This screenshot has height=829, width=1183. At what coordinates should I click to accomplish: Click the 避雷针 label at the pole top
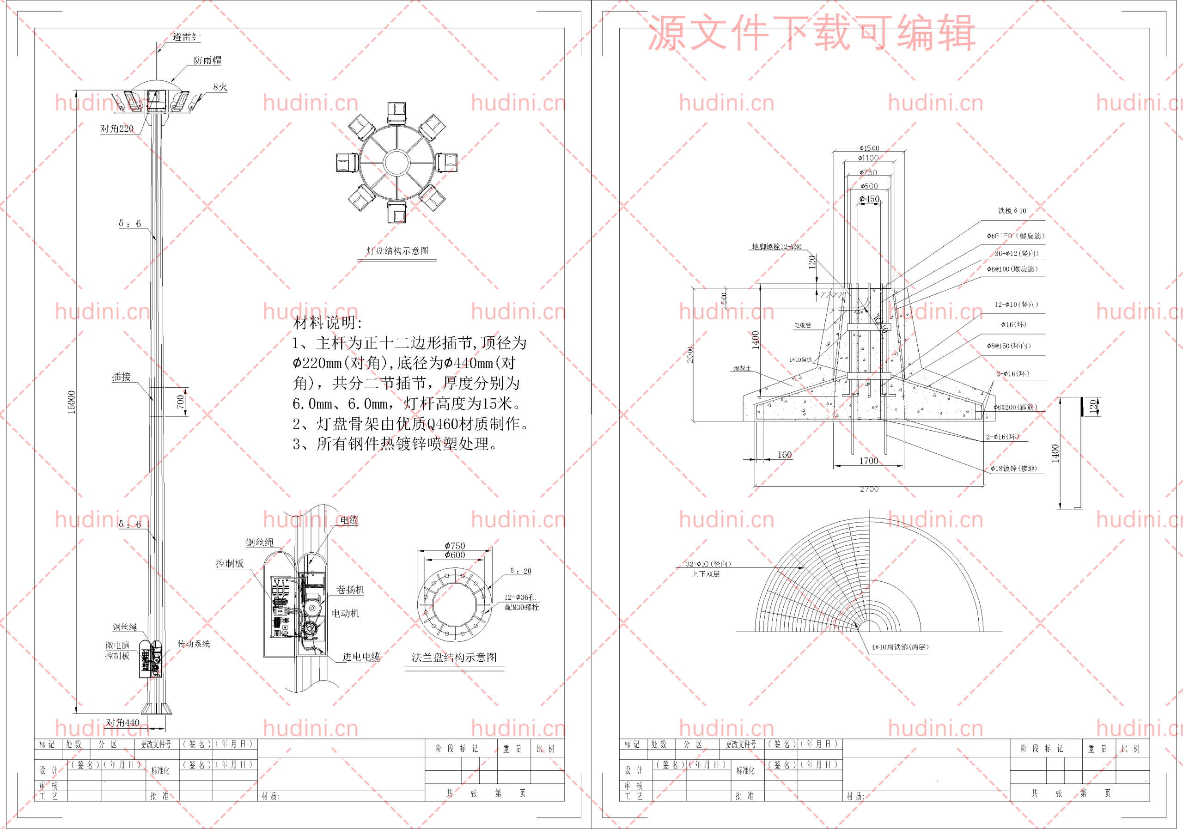[x=186, y=37]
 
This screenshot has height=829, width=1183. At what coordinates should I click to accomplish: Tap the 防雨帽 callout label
[x=207, y=60]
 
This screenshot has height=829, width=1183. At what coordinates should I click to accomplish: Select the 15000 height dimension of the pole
[x=72, y=402]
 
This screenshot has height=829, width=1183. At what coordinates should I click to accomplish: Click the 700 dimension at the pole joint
[x=180, y=402]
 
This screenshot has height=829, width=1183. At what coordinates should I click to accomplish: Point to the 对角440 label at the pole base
[x=122, y=722]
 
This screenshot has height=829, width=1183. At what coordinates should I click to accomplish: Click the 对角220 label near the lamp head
[x=117, y=128]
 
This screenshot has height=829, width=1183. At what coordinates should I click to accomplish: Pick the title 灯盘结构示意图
[x=397, y=251]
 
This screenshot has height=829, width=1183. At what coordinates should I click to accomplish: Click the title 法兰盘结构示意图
[x=454, y=658]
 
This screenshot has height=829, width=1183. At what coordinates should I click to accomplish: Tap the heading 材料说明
[x=328, y=323]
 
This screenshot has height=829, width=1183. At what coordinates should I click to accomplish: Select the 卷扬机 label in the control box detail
[x=350, y=590]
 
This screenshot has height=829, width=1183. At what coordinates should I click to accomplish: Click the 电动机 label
[x=345, y=613]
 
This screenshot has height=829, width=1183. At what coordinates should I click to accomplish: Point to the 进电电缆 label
[x=361, y=656]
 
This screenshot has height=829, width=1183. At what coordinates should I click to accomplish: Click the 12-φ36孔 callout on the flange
[x=520, y=597]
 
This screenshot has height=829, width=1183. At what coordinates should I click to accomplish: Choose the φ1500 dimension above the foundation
[x=869, y=148]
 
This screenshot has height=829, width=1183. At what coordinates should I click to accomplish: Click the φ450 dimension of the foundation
[x=869, y=199]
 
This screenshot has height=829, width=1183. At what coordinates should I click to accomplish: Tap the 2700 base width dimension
[x=869, y=489]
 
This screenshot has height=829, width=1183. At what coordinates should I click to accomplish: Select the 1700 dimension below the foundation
[x=869, y=461]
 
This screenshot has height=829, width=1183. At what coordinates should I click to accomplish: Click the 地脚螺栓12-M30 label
[x=776, y=247]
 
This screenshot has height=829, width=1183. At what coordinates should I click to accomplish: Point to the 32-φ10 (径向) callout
[x=708, y=564]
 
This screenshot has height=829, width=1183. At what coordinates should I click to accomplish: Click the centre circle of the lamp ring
[x=396, y=162]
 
